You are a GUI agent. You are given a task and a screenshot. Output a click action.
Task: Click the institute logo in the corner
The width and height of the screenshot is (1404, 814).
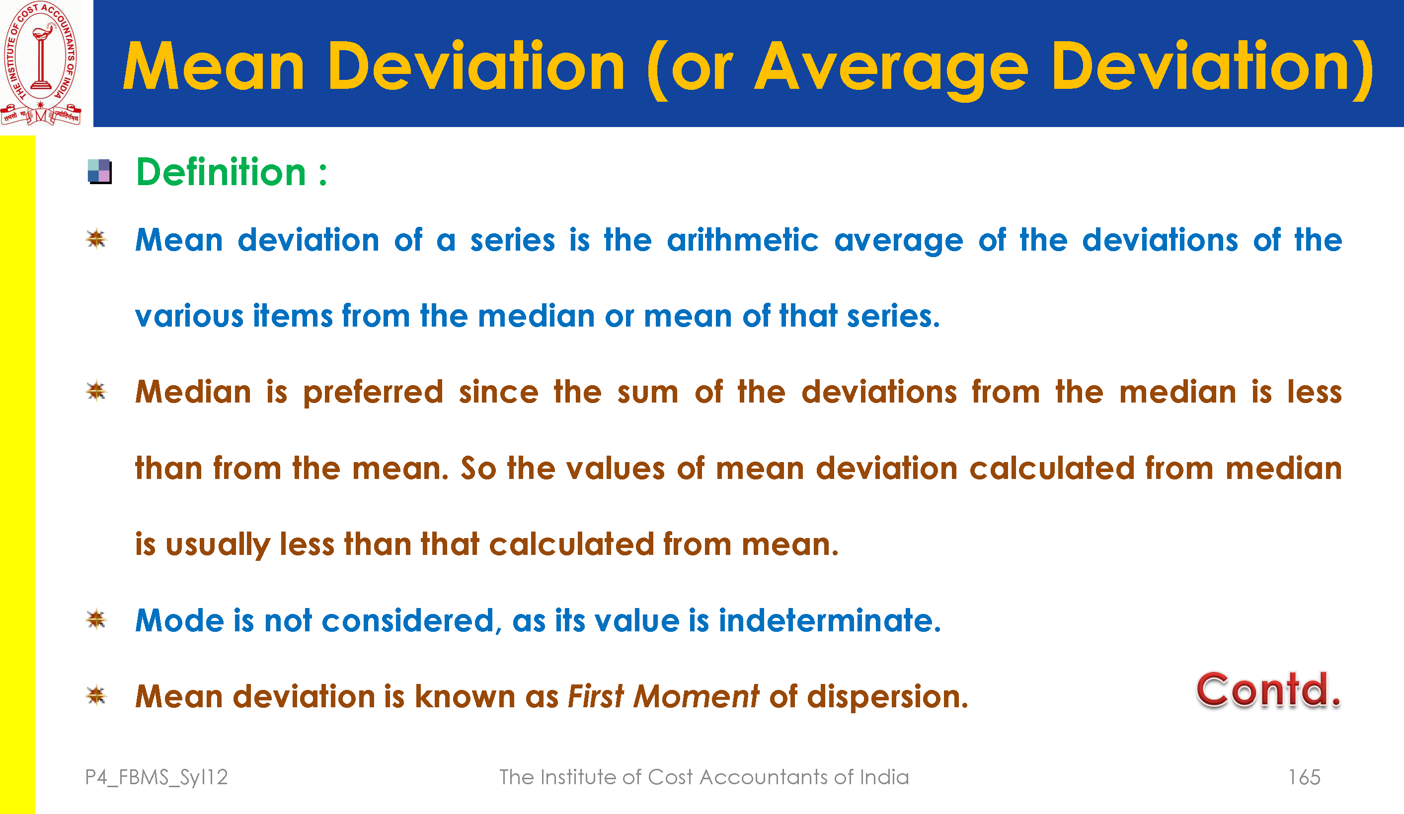(x=41, y=63)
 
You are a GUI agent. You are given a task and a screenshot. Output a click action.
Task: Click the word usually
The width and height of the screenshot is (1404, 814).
(x=218, y=544)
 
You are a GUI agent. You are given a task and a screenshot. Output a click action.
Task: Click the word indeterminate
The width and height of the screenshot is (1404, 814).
(x=830, y=620)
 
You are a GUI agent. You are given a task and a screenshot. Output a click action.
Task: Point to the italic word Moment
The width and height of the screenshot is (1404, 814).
(x=697, y=696)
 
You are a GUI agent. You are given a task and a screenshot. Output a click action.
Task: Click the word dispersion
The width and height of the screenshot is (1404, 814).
(x=887, y=697)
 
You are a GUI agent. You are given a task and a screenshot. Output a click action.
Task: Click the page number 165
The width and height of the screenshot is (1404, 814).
(x=1304, y=777)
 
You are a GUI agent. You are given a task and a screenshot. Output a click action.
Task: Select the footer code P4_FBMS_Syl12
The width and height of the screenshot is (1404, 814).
(x=156, y=778)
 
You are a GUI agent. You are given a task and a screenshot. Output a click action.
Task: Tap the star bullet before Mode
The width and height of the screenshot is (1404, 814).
(x=96, y=619)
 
